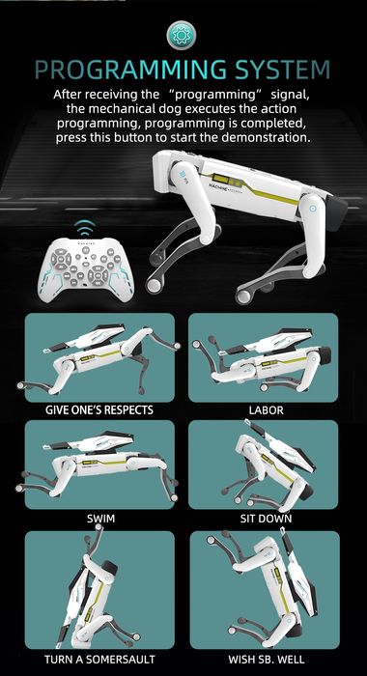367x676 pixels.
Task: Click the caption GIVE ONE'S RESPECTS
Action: click(99, 409)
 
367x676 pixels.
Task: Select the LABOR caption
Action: click(263, 409)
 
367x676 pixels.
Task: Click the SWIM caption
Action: click(99, 519)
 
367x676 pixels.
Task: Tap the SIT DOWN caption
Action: click(263, 519)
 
